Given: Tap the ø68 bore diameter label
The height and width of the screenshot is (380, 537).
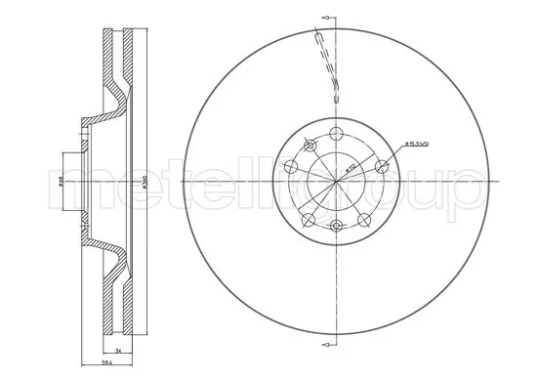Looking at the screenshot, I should (x=62, y=182).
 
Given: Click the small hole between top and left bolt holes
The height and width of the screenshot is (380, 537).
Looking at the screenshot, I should (x=309, y=147).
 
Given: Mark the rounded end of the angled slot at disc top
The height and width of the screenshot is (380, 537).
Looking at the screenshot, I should (x=336, y=97).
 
